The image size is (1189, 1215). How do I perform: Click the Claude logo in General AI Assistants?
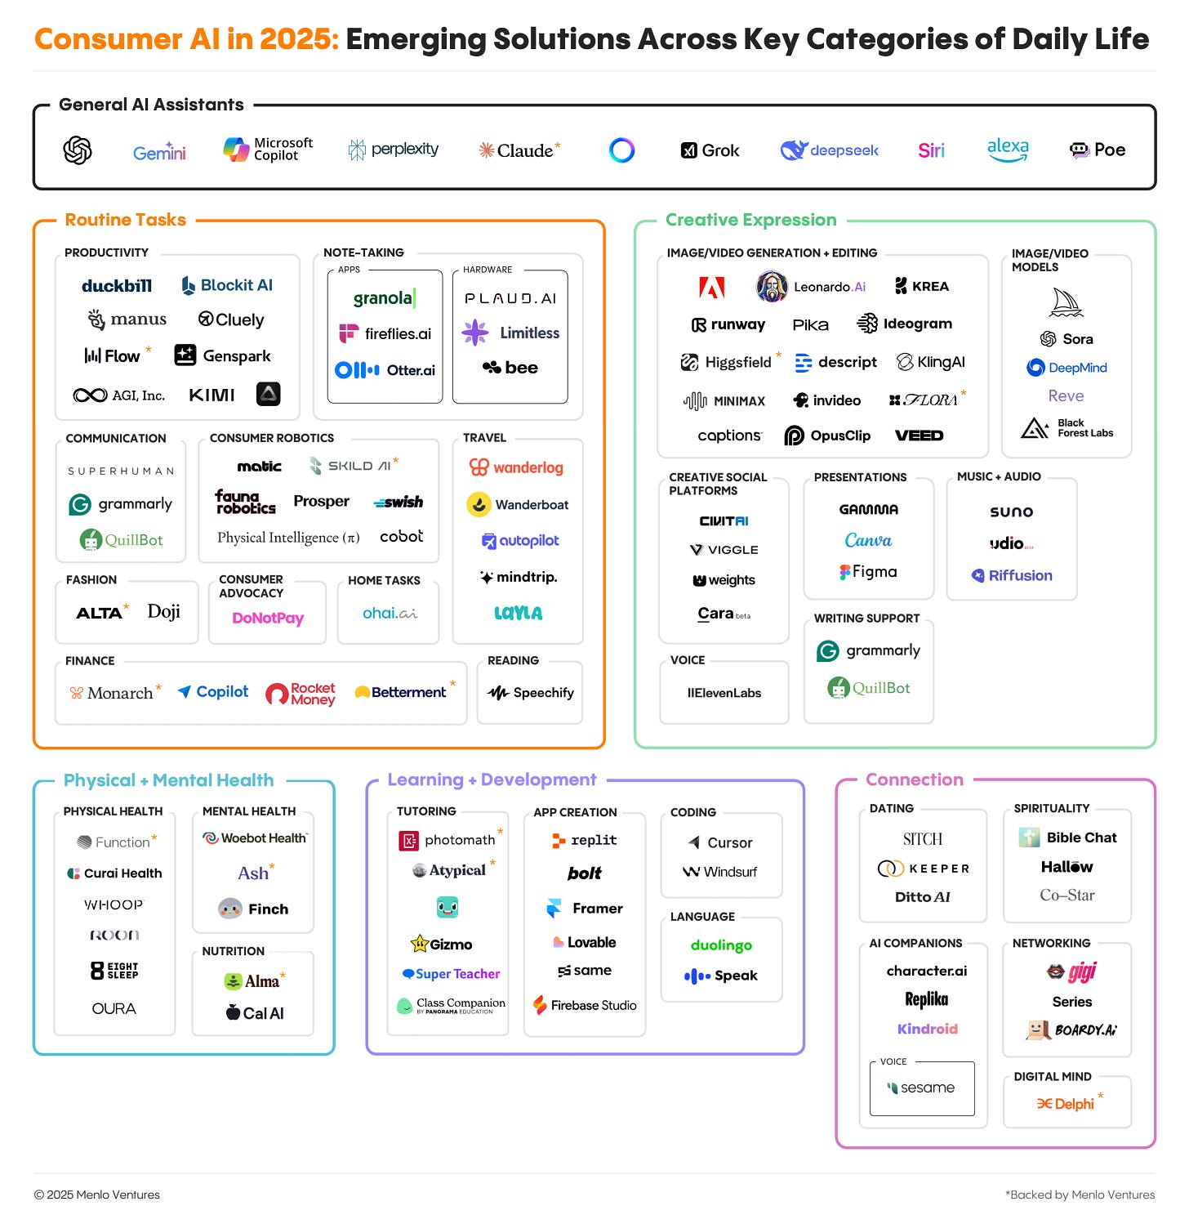pos(519,150)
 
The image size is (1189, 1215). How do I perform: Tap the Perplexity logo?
pos(394,150)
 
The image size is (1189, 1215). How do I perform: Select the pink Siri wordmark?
pos(931,150)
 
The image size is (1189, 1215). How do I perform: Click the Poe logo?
pos(1098,150)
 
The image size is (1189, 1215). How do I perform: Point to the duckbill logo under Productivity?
pos(117,286)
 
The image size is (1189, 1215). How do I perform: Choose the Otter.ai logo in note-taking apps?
pos(385,370)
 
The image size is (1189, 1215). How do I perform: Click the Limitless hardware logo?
pos(510,333)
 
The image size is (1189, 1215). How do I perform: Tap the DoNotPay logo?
pos(268,618)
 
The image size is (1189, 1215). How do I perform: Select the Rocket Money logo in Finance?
pos(301,694)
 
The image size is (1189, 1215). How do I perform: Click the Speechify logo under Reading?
pos(531,693)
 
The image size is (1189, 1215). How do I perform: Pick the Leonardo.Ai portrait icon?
pos(772,287)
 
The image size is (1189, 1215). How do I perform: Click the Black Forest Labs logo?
pos(1067,427)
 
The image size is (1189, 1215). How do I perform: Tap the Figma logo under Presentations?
pos(868,572)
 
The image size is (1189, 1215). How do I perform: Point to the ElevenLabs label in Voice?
pos(724,693)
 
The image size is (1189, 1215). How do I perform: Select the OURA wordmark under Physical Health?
pos(114,1008)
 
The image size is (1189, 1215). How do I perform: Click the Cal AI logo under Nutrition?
pos(255,1013)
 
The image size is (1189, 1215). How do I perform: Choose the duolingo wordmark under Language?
pos(721,945)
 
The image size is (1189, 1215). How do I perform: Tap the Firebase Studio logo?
pos(585,1005)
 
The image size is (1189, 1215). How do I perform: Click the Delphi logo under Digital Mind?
pos(1066,1104)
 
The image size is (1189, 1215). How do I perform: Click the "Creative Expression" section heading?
pos(751,220)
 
